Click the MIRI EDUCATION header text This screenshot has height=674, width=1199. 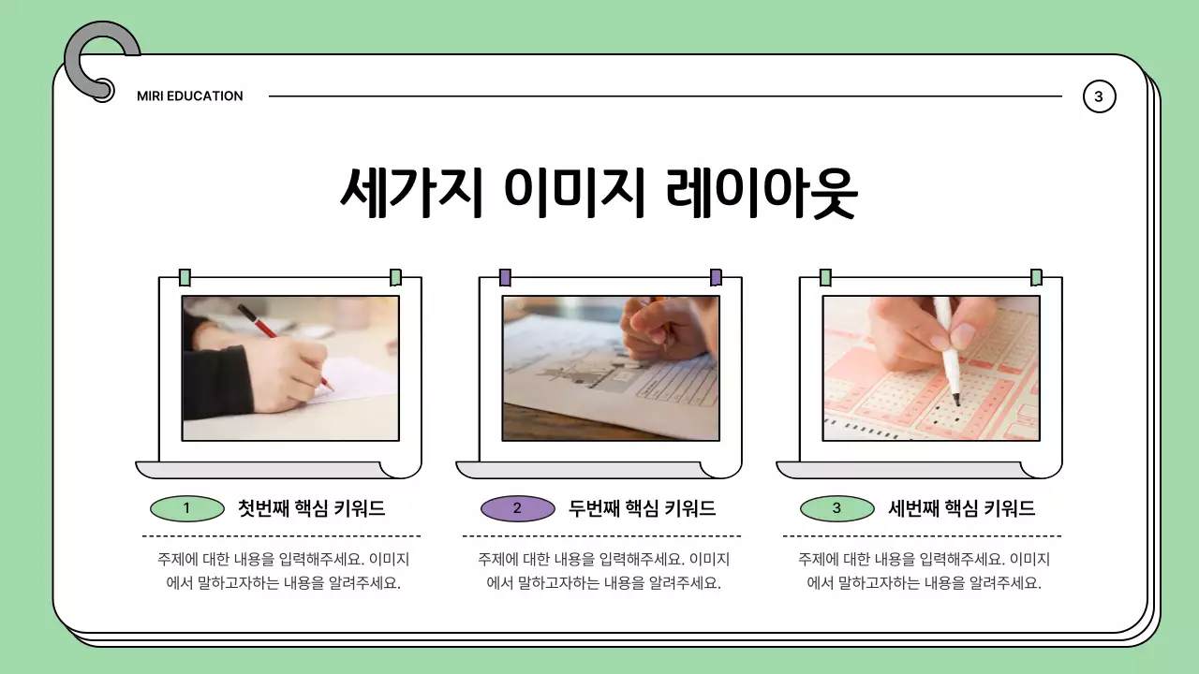(189, 95)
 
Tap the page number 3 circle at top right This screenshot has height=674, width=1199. (1099, 95)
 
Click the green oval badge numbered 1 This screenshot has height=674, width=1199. (186, 508)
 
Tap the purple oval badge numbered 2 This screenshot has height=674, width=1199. (517, 508)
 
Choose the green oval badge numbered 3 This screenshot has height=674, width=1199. (836, 508)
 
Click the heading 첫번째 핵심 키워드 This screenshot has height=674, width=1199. (311, 508)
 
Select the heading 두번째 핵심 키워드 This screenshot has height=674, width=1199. (642, 508)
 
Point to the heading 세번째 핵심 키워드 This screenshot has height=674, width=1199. (961, 508)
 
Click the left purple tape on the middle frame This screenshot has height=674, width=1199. (505, 277)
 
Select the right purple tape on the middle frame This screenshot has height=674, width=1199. (716, 277)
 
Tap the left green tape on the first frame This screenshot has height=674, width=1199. (185, 277)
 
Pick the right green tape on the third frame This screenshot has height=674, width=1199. (1036, 277)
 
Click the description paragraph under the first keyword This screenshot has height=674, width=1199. (283, 571)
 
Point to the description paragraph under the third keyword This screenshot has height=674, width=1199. (924, 571)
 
